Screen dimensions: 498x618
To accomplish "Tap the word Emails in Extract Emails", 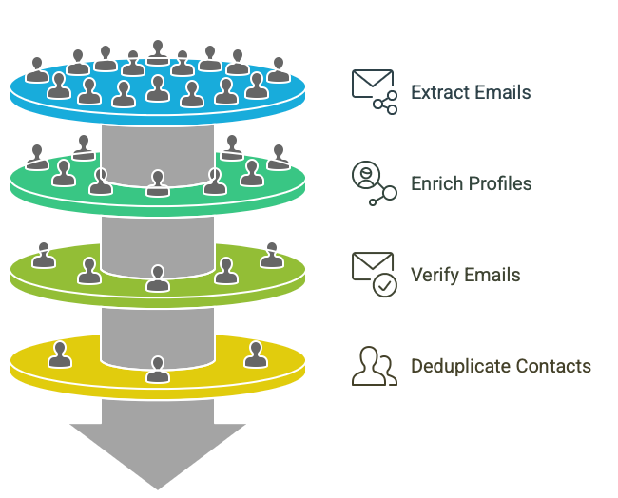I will click(x=500, y=92).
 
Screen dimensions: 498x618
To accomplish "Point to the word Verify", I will click(x=434, y=275).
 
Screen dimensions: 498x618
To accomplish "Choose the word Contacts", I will click(x=551, y=366).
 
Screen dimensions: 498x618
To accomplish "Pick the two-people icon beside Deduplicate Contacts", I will click(x=374, y=366).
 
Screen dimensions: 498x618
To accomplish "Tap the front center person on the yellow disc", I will click(x=158, y=369).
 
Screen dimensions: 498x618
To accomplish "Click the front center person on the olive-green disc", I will click(x=158, y=278).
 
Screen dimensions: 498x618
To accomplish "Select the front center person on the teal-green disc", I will click(x=158, y=183).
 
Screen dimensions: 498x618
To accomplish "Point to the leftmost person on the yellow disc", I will click(x=60, y=354).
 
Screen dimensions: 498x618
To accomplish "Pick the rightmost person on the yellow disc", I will click(x=254, y=354).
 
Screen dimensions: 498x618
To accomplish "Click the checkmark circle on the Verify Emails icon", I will click(x=384, y=285).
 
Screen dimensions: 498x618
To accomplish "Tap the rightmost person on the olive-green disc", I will click(x=272, y=255).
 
